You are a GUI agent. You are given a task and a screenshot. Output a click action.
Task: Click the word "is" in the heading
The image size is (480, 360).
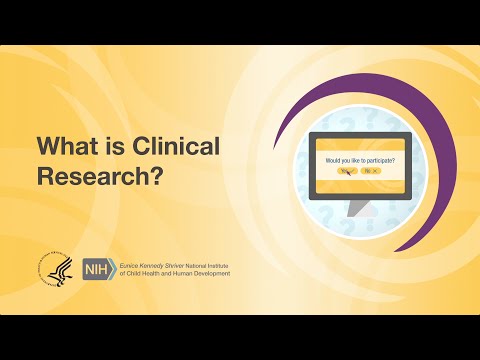[112, 147]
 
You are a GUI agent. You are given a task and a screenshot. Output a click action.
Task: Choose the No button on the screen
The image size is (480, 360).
[370, 171]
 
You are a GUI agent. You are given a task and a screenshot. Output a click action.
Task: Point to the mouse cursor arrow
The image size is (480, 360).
[348, 173]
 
